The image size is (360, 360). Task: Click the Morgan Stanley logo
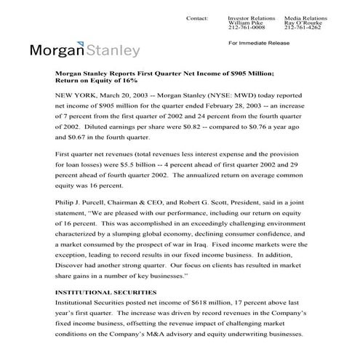(85, 51)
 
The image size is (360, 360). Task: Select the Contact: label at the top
(197, 16)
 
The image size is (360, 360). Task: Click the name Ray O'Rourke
(302, 23)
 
